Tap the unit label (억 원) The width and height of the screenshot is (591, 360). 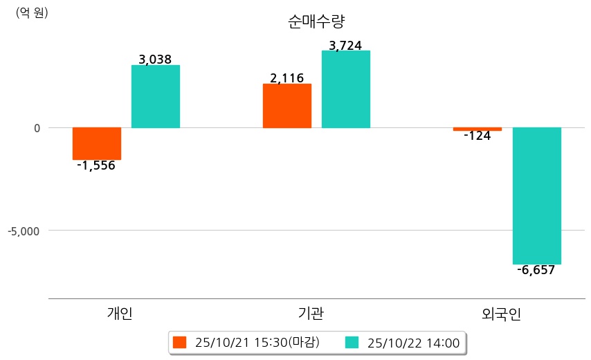[x=32, y=12]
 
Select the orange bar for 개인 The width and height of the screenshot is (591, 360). [x=97, y=144]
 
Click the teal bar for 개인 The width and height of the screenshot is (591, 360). [x=156, y=96]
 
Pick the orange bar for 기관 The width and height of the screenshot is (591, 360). [x=287, y=106]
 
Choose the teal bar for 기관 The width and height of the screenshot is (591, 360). [x=346, y=89]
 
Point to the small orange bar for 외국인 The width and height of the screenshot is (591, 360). [x=478, y=129]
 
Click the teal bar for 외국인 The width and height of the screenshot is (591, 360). [x=536, y=196]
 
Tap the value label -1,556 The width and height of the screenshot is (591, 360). [x=96, y=165]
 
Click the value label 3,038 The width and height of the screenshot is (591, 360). [x=155, y=60]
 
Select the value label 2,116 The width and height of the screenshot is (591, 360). [x=287, y=78]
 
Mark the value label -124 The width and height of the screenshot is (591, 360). [x=478, y=136]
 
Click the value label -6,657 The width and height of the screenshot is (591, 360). [x=536, y=270]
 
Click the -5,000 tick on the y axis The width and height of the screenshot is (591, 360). [x=24, y=230]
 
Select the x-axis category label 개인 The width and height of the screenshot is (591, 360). [x=120, y=314]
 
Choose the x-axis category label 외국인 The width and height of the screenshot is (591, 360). [x=501, y=314]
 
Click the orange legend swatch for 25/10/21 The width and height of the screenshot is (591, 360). [x=180, y=343]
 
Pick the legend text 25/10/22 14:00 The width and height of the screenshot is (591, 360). [x=413, y=343]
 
